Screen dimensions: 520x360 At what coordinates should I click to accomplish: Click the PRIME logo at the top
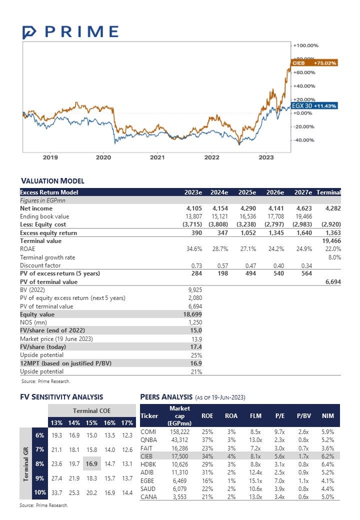[70, 32]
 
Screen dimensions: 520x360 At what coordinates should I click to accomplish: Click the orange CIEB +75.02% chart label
[314, 63]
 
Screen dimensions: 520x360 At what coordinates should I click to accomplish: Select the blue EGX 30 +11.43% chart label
[314, 106]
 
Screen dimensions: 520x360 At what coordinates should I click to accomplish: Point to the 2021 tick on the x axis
[157, 157]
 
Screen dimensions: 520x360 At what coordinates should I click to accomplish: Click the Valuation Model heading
[52, 181]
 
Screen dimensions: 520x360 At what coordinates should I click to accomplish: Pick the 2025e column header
[246, 192]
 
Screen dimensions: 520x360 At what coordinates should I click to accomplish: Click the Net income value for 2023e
[193, 208]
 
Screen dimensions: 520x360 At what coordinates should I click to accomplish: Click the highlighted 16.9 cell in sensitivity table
[91, 463]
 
